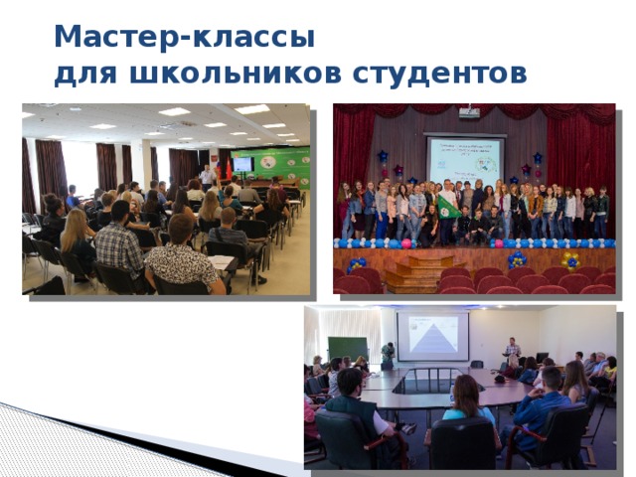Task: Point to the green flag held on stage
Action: click(450, 205)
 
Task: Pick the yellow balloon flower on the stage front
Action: click(569, 260)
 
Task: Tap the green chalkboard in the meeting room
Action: click(348, 350)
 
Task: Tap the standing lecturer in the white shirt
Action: click(207, 178)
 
